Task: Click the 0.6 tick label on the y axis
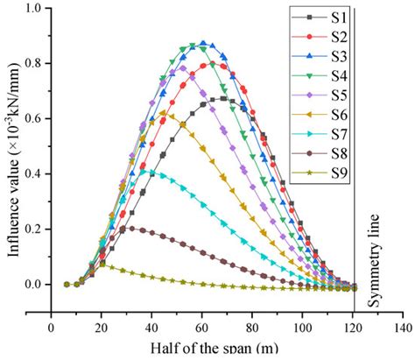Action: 32,118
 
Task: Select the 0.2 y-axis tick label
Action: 32,229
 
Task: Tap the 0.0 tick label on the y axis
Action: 32,284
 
